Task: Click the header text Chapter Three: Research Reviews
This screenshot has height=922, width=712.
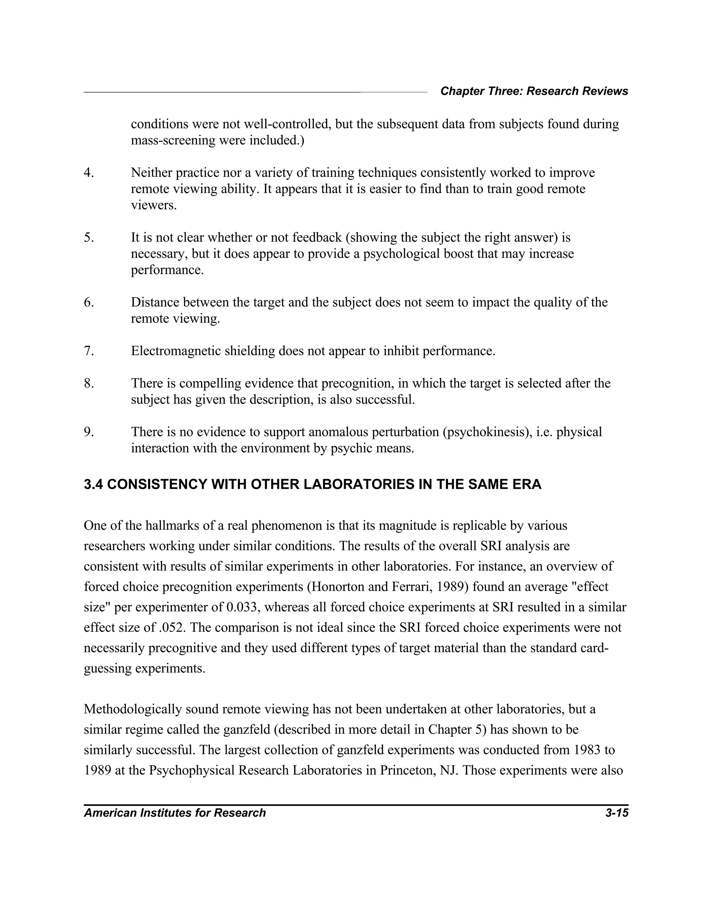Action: point(534,91)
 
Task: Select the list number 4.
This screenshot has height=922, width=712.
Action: point(89,173)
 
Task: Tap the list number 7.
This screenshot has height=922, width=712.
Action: point(89,351)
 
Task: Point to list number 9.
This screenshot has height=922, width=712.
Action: point(89,432)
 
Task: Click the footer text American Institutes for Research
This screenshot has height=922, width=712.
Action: point(175,813)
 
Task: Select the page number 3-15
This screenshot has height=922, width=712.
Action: point(616,813)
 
